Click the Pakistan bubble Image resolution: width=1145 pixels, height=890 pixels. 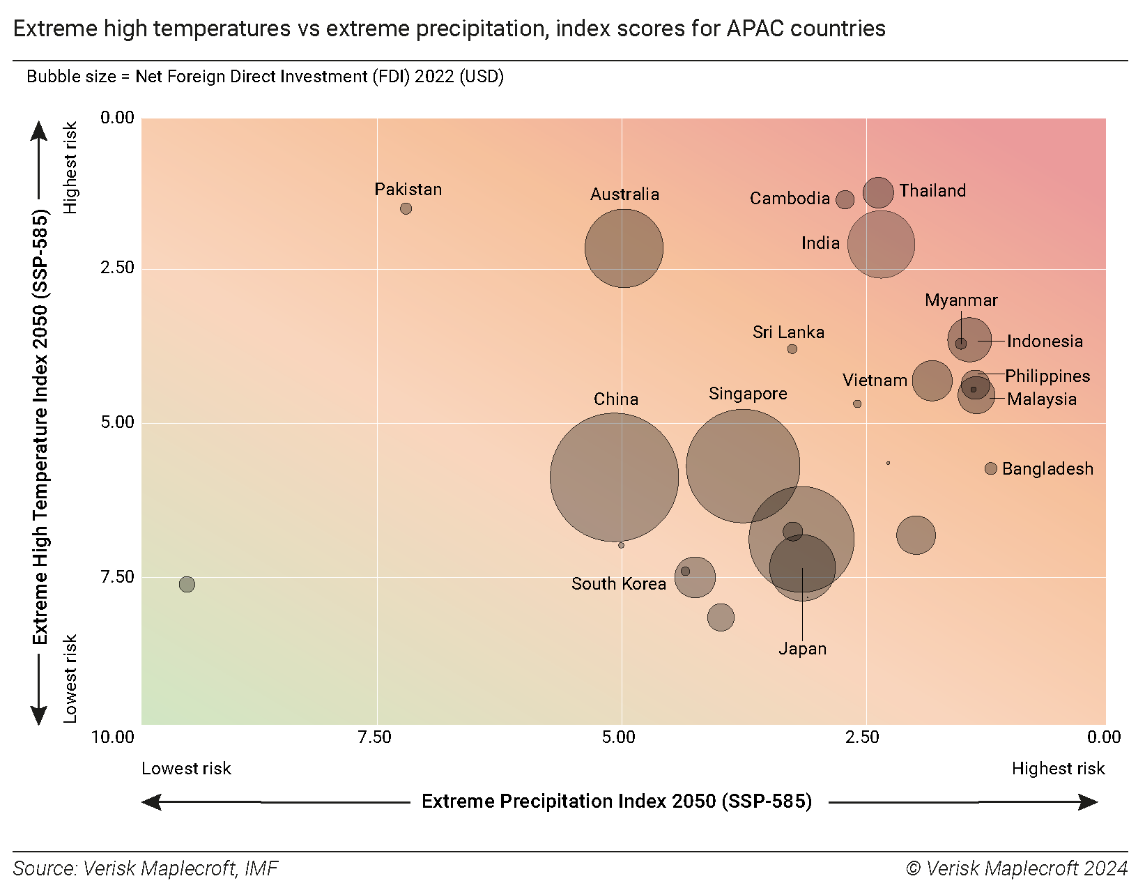[406, 208]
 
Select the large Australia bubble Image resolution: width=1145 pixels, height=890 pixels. [624, 248]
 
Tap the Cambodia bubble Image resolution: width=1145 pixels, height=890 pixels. [845, 200]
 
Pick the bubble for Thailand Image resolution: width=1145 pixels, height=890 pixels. [878, 192]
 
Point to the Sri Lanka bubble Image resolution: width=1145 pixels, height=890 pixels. [792, 348]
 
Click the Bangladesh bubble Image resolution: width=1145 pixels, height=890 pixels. [990, 468]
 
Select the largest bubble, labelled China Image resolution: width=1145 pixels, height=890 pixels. [614, 477]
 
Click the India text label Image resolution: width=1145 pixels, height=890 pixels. [820, 243]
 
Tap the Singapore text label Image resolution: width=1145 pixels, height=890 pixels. [748, 394]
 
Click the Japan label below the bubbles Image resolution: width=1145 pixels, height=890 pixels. [802, 649]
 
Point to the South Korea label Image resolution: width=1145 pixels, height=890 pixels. [618, 584]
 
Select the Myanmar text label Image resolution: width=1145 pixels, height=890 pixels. [961, 300]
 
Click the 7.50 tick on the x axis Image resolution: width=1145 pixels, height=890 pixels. [375, 737]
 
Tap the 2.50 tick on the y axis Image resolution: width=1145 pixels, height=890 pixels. [117, 268]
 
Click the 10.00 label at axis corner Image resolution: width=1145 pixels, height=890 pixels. [113, 737]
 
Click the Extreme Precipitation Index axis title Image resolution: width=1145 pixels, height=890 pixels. [617, 801]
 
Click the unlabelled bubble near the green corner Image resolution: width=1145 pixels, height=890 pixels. [187, 584]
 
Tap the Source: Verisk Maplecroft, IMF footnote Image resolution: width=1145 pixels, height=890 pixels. [146, 868]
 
